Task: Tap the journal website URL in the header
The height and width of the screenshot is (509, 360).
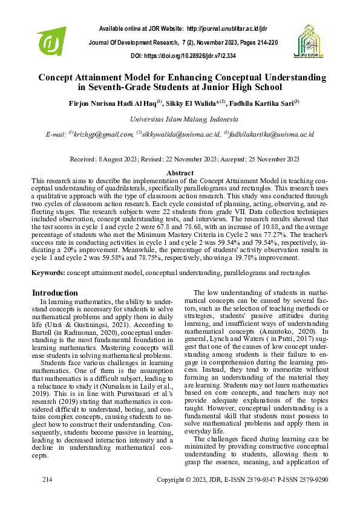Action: (227, 28)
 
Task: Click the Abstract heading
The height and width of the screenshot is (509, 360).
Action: (180, 173)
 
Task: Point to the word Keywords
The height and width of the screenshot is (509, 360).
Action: (48, 273)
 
